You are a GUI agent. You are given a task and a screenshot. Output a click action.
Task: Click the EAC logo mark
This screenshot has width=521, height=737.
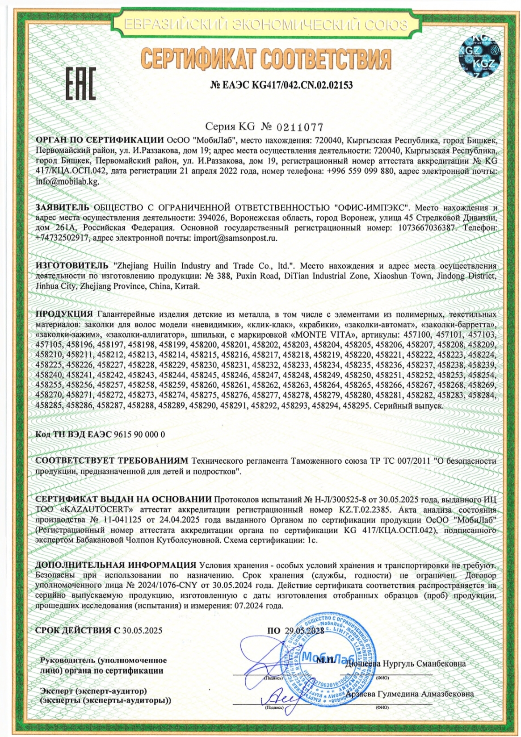80,84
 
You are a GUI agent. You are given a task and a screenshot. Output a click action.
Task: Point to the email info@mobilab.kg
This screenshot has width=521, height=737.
67,182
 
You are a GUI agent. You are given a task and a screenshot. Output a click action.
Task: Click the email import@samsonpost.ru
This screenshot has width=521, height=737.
235,238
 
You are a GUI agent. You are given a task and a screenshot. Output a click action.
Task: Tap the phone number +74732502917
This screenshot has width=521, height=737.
62,238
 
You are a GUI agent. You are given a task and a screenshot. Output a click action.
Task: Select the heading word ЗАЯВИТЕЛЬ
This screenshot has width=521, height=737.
62,208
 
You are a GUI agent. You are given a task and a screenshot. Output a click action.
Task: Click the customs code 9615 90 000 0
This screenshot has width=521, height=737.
139,434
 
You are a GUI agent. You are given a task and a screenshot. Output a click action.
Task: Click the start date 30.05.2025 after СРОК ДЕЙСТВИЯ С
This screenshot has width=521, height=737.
142,631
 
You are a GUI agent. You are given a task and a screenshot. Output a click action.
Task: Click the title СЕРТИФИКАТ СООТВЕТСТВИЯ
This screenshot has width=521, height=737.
265,59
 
